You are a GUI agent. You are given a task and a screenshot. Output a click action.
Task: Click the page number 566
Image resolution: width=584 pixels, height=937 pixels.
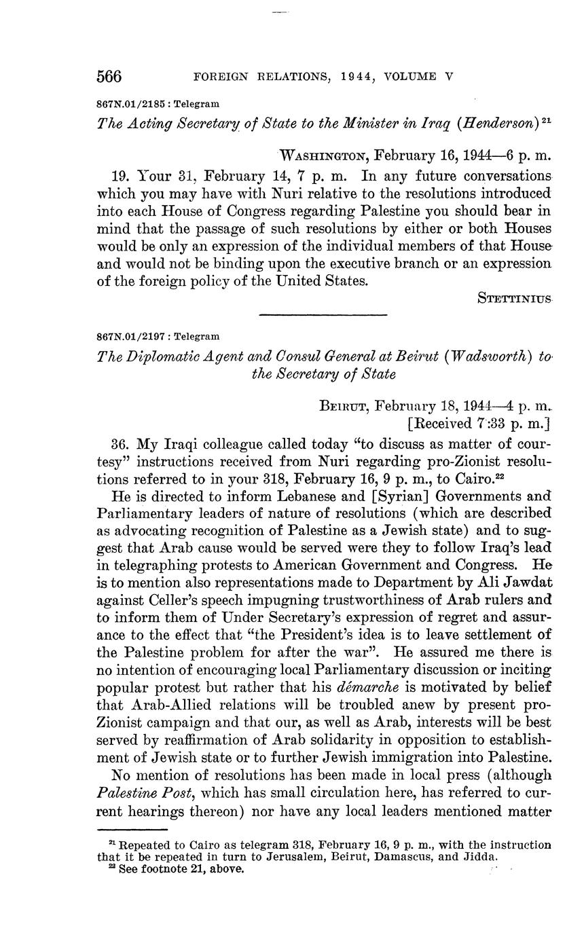(109, 76)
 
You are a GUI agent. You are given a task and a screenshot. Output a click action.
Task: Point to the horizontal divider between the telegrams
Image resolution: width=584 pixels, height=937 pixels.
(323, 314)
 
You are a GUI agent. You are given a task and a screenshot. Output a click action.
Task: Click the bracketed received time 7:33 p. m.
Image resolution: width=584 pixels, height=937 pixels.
(478, 424)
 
